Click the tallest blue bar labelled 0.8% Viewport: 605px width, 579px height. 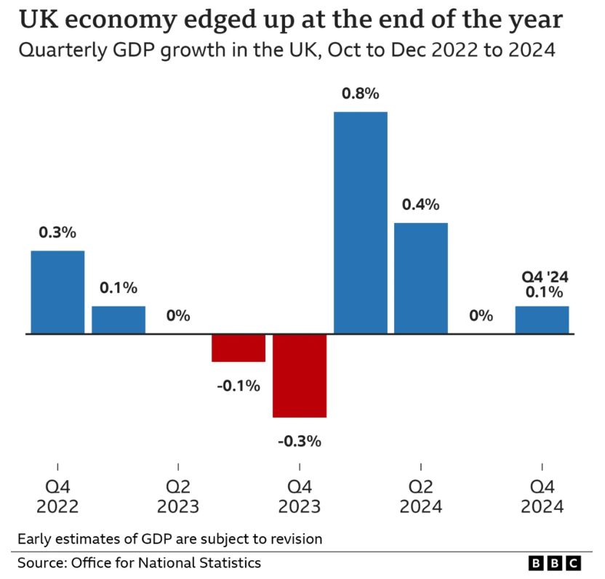tap(360, 222)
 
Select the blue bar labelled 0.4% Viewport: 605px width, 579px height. tap(420, 278)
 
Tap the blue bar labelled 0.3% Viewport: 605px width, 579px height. tap(57, 292)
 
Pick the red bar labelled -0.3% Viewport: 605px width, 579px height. tap(300, 376)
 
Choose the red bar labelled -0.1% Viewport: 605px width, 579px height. tap(239, 348)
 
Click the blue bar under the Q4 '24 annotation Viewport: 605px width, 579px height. tap(542, 320)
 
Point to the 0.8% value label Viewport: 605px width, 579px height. tap(360, 94)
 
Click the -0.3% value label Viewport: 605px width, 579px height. tap(300, 440)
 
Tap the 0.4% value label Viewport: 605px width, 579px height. tap(420, 205)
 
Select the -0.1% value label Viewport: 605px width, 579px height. tap(239, 385)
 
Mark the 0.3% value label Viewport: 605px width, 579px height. tap(57, 232)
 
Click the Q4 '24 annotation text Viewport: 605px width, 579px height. tap(542, 277)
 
